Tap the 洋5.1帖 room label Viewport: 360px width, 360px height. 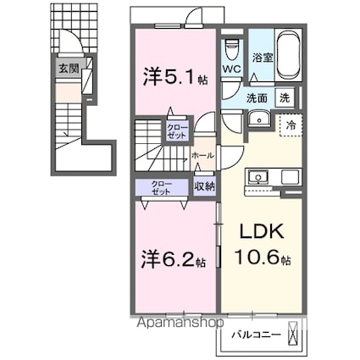tap(172, 77)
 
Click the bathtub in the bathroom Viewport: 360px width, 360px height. tap(290, 53)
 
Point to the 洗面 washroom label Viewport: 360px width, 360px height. tap(258, 97)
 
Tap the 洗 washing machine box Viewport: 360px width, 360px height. tap(287, 97)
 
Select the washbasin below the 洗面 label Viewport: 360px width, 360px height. tap(258, 119)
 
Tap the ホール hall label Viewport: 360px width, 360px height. tap(202, 156)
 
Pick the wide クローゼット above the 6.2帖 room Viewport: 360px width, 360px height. tap(160, 187)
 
